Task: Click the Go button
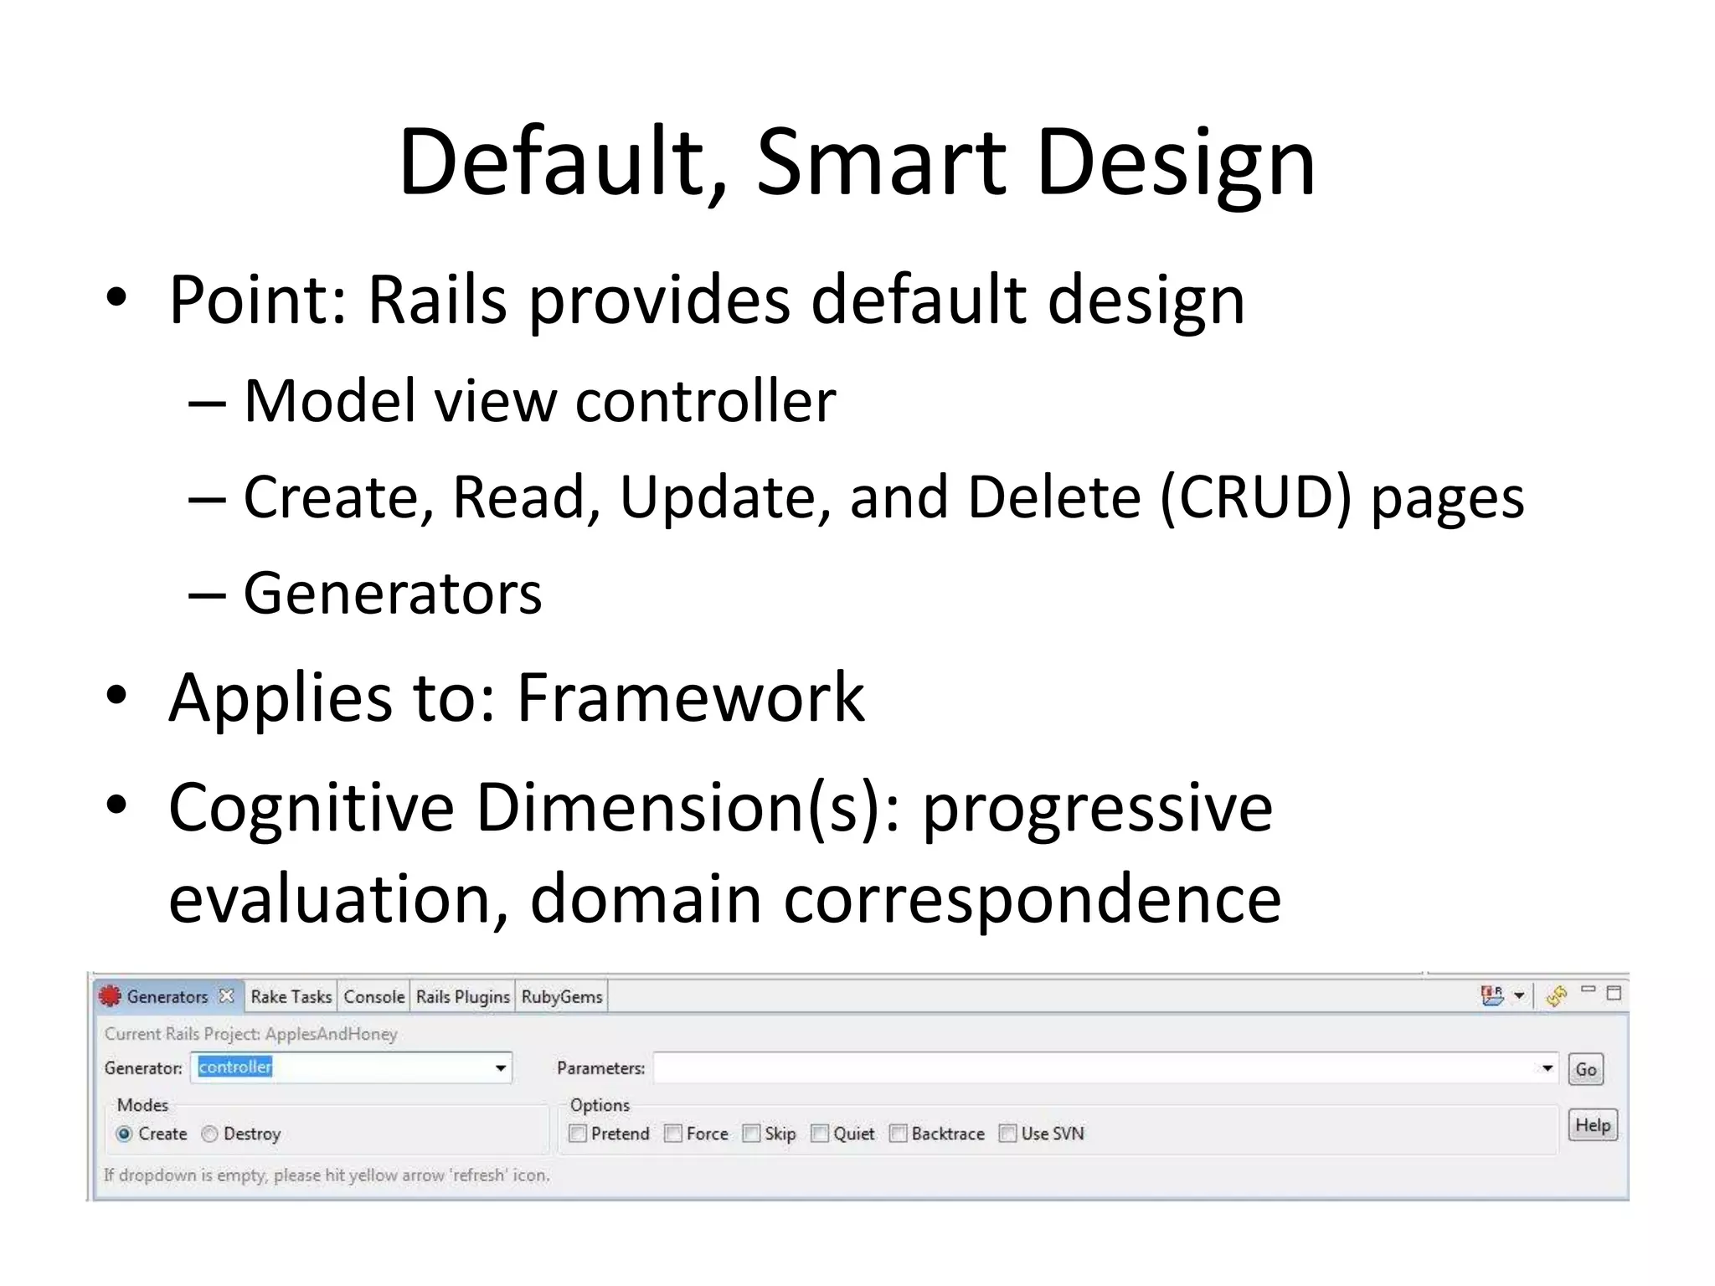pyautogui.click(x=1585, y=1069)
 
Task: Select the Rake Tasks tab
pyautogui.click(x=291, y=996)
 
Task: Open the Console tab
pyautogui.click(x=373, y=996)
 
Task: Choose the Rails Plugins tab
pyautogui.click(x=462, y=996)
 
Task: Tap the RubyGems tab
pyautogui.click(x=562, y=996)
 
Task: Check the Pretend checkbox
pyautogui.click(x=577, y=1134)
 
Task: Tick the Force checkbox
pyautogui.click(x=672, y=1134)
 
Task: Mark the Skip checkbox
pyautogui.click(x=751, y=1134)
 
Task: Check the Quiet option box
pyautogui.click(x=820, y=1134)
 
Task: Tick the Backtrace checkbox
pyautogui.click(x=898, y=1134)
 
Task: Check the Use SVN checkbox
pyautogui.click(x=1007, y=1134)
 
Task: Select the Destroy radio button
pyautogui.click(x=209, y=1134)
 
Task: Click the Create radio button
pyautogui.click(x=125, y=1134)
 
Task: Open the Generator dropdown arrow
pyautogui.click(x=500, y=1068)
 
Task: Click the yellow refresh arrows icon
pyautogui.click(x=1557, y=995)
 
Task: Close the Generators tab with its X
pyautogui.click(x=226, y=995)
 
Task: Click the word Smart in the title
pyautogui.click(x=882, y=162)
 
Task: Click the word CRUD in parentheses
pyautogui.click(x=1256, y=497)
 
